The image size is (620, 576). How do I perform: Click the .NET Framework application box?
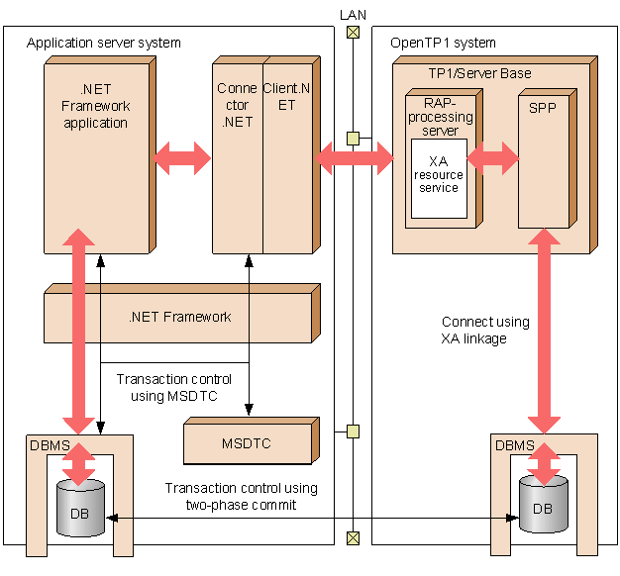click(x=96, y=158)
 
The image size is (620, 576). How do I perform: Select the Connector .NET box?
click(x=238, y=158)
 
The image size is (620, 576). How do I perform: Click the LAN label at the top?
click(x=352, y=14)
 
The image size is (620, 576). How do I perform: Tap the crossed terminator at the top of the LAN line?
click(x=352, y=33)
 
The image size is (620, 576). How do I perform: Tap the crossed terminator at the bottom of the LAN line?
click(x=352, y=537)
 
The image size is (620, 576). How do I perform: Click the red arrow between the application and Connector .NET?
click(x=183, y=156)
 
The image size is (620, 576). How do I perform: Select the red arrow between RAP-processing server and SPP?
click(x=493, y=155)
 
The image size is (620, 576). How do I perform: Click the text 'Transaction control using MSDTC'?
click(x=173, y=387)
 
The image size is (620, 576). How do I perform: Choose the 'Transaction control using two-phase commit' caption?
click(x=241, y=495)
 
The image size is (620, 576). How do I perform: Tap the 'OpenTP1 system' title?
click(x=443, y=43)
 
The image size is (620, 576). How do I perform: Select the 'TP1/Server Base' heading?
click(x=479, y=73)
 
